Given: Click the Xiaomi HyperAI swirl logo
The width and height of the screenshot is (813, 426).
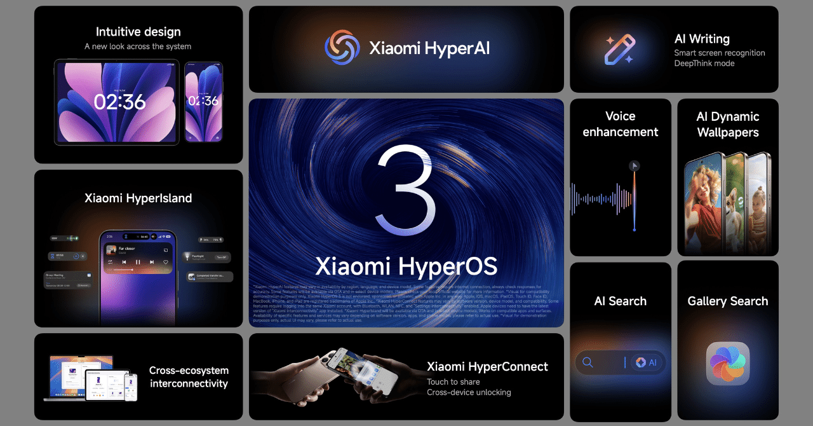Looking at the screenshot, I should pos(342,48).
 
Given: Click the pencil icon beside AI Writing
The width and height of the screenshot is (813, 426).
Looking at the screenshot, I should pos(619,50).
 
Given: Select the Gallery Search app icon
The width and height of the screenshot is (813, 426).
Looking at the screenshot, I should pos(728,364).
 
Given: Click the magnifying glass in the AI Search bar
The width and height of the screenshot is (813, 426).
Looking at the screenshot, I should pos(588,362).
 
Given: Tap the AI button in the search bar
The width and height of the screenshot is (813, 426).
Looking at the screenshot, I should pos(647,362).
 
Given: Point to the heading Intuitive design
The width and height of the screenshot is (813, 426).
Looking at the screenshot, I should pos(138,32).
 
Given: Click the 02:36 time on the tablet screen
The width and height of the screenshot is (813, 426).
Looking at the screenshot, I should pos(120,102).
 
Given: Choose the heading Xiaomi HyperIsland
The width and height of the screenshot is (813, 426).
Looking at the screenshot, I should pos(138,198).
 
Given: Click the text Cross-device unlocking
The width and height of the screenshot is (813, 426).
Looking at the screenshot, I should pos(469,392).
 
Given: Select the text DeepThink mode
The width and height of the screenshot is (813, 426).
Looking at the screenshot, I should pos(704,64).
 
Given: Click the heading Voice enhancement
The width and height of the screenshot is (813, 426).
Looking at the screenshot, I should pos(620,124).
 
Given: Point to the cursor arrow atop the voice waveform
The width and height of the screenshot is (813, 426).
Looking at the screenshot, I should pos(634,166).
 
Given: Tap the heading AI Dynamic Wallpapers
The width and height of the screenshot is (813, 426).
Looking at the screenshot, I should pos(727,124).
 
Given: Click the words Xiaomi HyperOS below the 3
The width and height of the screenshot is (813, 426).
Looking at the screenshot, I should pos(406,266).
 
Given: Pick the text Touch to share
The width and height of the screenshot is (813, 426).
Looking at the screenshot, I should pos(453,381).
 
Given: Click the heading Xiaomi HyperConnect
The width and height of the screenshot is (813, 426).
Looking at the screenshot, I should pos(487,367).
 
